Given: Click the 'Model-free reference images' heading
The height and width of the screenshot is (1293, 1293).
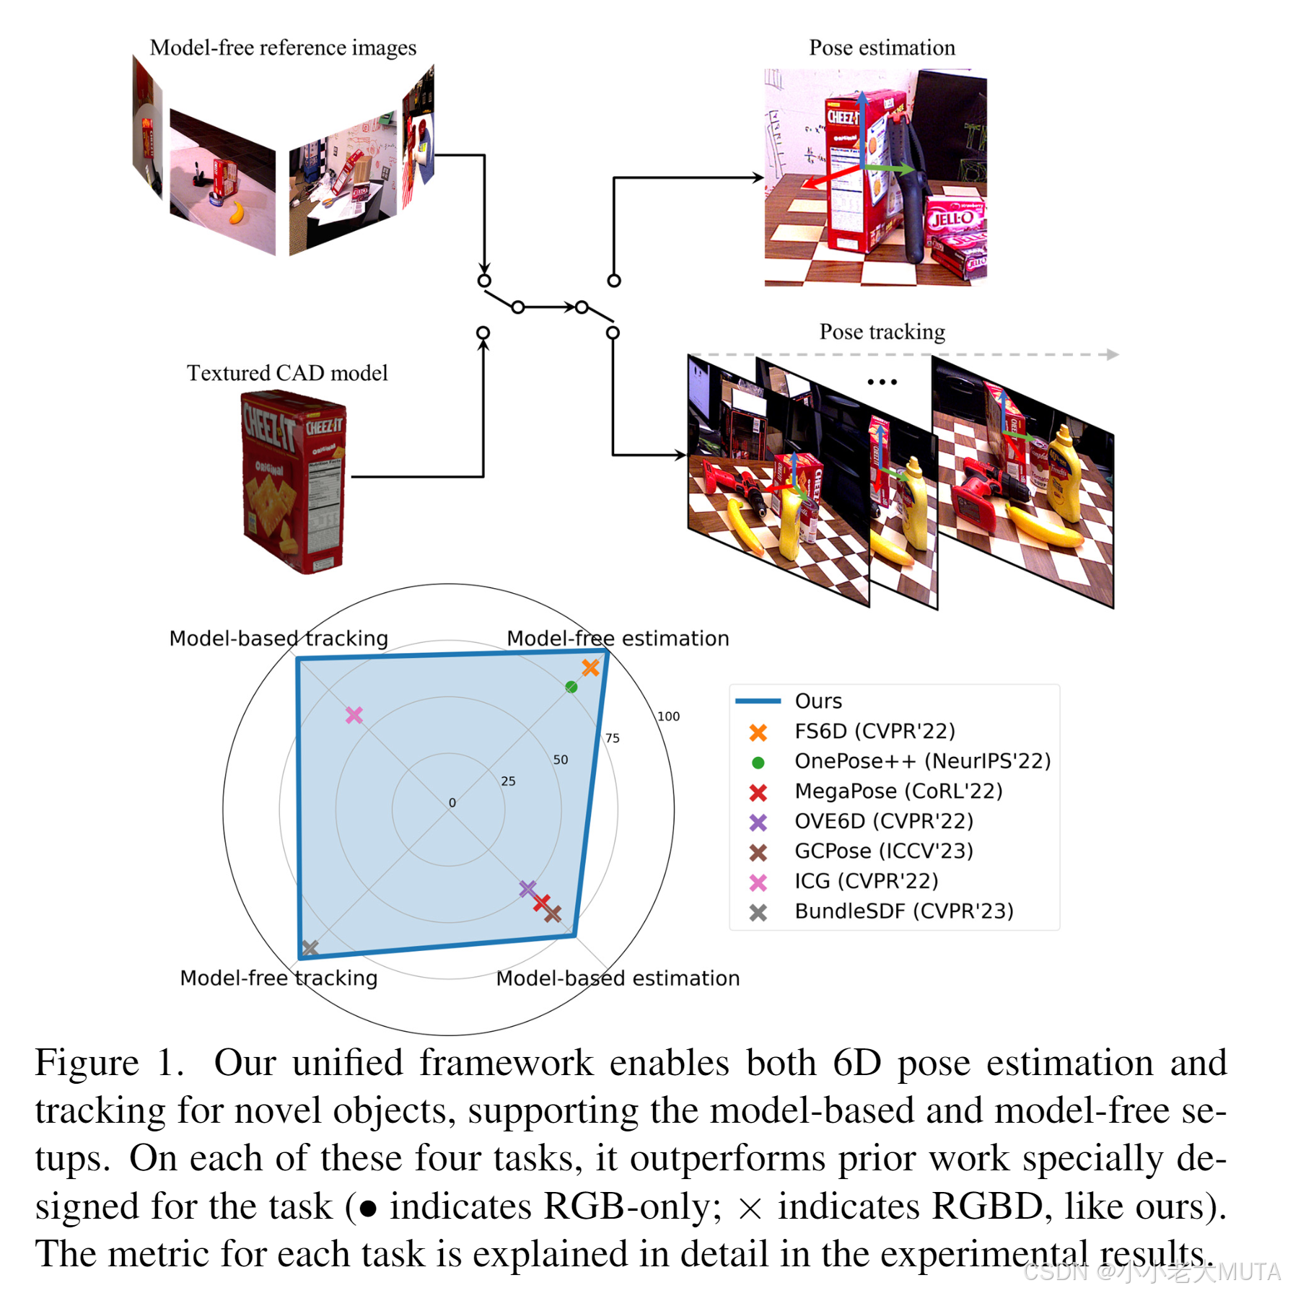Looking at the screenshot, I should pyautogui.click(x=283, y=48).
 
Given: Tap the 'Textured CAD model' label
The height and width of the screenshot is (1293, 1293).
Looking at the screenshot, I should pyautogui.click(x=287, y=373).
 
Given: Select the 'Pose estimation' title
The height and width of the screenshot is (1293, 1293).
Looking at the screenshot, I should pyautogui.click(x=882, y=48).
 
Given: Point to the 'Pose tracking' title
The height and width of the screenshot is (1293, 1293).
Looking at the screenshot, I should pyautogui.click(x=882, y=332).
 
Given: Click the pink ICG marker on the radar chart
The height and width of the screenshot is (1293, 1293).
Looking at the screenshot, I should pyautogui.click(x=354, y=715).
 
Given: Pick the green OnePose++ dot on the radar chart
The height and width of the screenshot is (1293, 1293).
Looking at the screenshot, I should pyautogui.click(x=571, y=687).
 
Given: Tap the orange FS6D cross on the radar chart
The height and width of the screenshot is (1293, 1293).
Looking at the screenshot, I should pyautogui.click(x=590, y=667).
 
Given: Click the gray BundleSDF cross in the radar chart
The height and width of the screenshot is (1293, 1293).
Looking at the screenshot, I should pyautogui.click(x=310, y=948).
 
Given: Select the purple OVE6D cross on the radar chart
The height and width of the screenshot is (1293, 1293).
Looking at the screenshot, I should pyautogui.click(x=528, y=888).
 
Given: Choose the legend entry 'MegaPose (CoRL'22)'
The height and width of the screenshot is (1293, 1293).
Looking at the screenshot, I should pyautogui.click(x=898, y=792).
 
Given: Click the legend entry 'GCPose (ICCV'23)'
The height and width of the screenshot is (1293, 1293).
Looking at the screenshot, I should pyautogui.click(x=884, y=851).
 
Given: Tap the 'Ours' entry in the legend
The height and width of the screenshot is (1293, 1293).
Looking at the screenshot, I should pyautogui.click(x=818, y=701).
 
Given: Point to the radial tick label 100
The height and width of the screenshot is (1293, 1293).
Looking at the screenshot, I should pyautogui.click(x=668, y=716).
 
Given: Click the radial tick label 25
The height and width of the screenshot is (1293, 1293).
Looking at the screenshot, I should pyautogui.click(x=508, y=781).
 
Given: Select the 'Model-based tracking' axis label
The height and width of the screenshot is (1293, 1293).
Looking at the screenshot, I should pyautogui.click(x=279, y=639).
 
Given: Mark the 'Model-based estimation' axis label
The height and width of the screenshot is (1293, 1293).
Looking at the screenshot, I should pyautogui.click(x=618, y=978).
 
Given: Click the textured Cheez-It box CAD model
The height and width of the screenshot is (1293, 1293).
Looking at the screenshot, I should pyautogui.click(x=293, y=481).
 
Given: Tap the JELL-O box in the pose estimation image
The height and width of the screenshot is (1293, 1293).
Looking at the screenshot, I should pyautogui.click(x=954, y=219).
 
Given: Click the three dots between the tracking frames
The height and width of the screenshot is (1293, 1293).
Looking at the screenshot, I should pyautogui.click(x=882, y=382).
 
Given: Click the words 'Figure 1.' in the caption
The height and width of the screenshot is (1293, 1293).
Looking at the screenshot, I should pyautogui.click(x=108, y=1064).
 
